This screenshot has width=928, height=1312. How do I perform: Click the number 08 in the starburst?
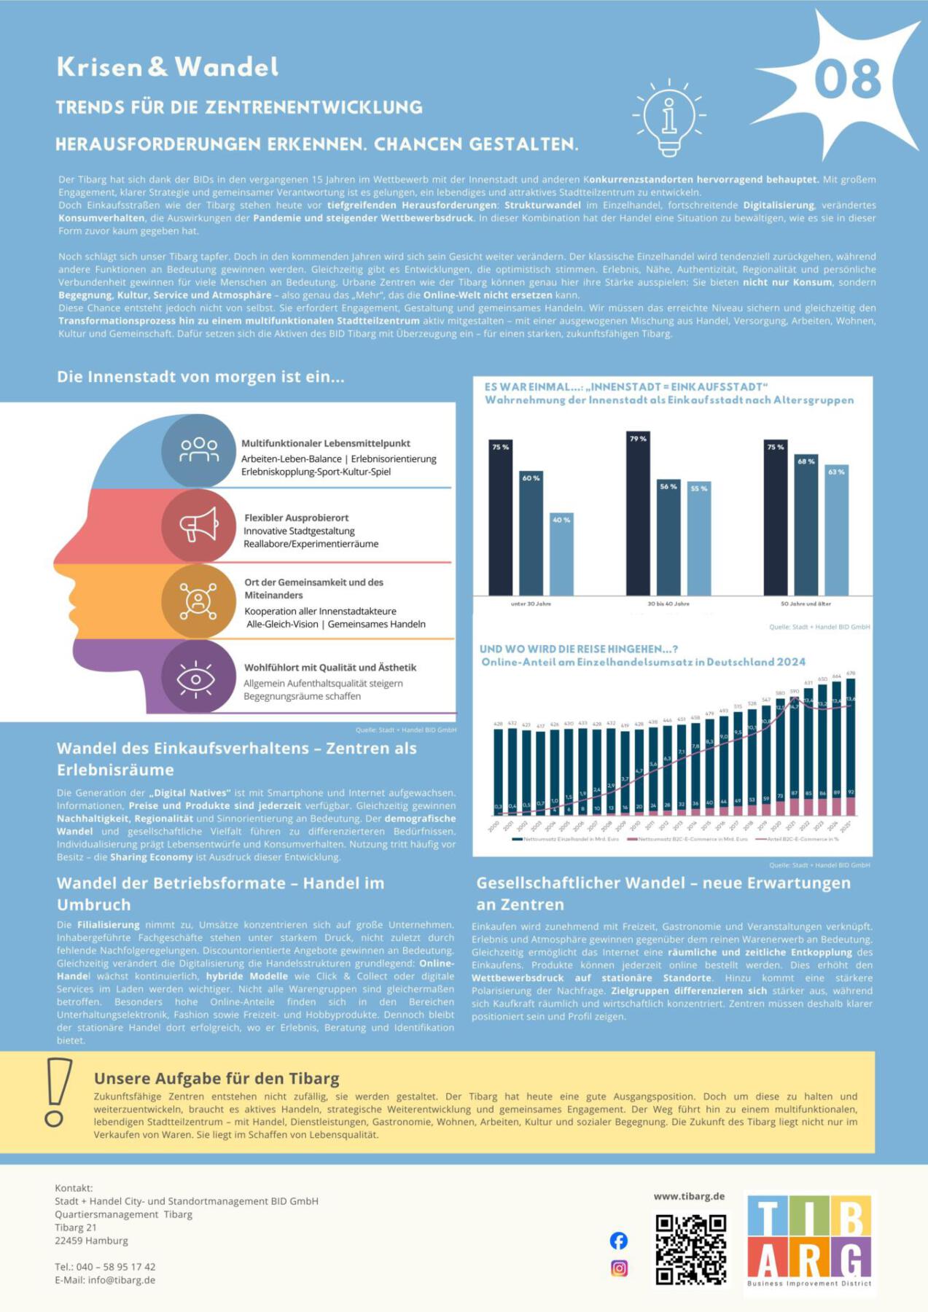click(x=847, y=79)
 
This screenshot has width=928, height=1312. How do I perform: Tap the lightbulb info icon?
click(x=669, y=117)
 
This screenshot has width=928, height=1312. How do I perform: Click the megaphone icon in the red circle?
click(x=198, y=525)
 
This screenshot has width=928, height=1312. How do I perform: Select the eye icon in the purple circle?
click(x=197, y=677)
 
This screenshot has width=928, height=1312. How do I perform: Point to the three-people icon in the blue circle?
click(x=199, y=450)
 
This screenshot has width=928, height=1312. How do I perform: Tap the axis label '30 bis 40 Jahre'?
click(x=668, y=604)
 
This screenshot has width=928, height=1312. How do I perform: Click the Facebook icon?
click(x=618, y=1241)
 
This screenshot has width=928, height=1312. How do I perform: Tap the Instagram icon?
click(x=619, y=1268)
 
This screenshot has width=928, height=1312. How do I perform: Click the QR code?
click(x=690, y=1249)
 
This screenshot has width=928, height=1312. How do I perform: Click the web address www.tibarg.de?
click(x=689, y=1196)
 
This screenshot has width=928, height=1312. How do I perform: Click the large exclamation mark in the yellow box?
click(x=57, y=1093)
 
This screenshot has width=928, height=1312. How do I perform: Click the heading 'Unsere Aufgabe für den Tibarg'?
click(x=217, y=1078)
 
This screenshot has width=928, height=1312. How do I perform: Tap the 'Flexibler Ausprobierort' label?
click(x=296, y=518)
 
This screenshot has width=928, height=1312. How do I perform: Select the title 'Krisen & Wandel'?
click(x=168, y=67)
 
